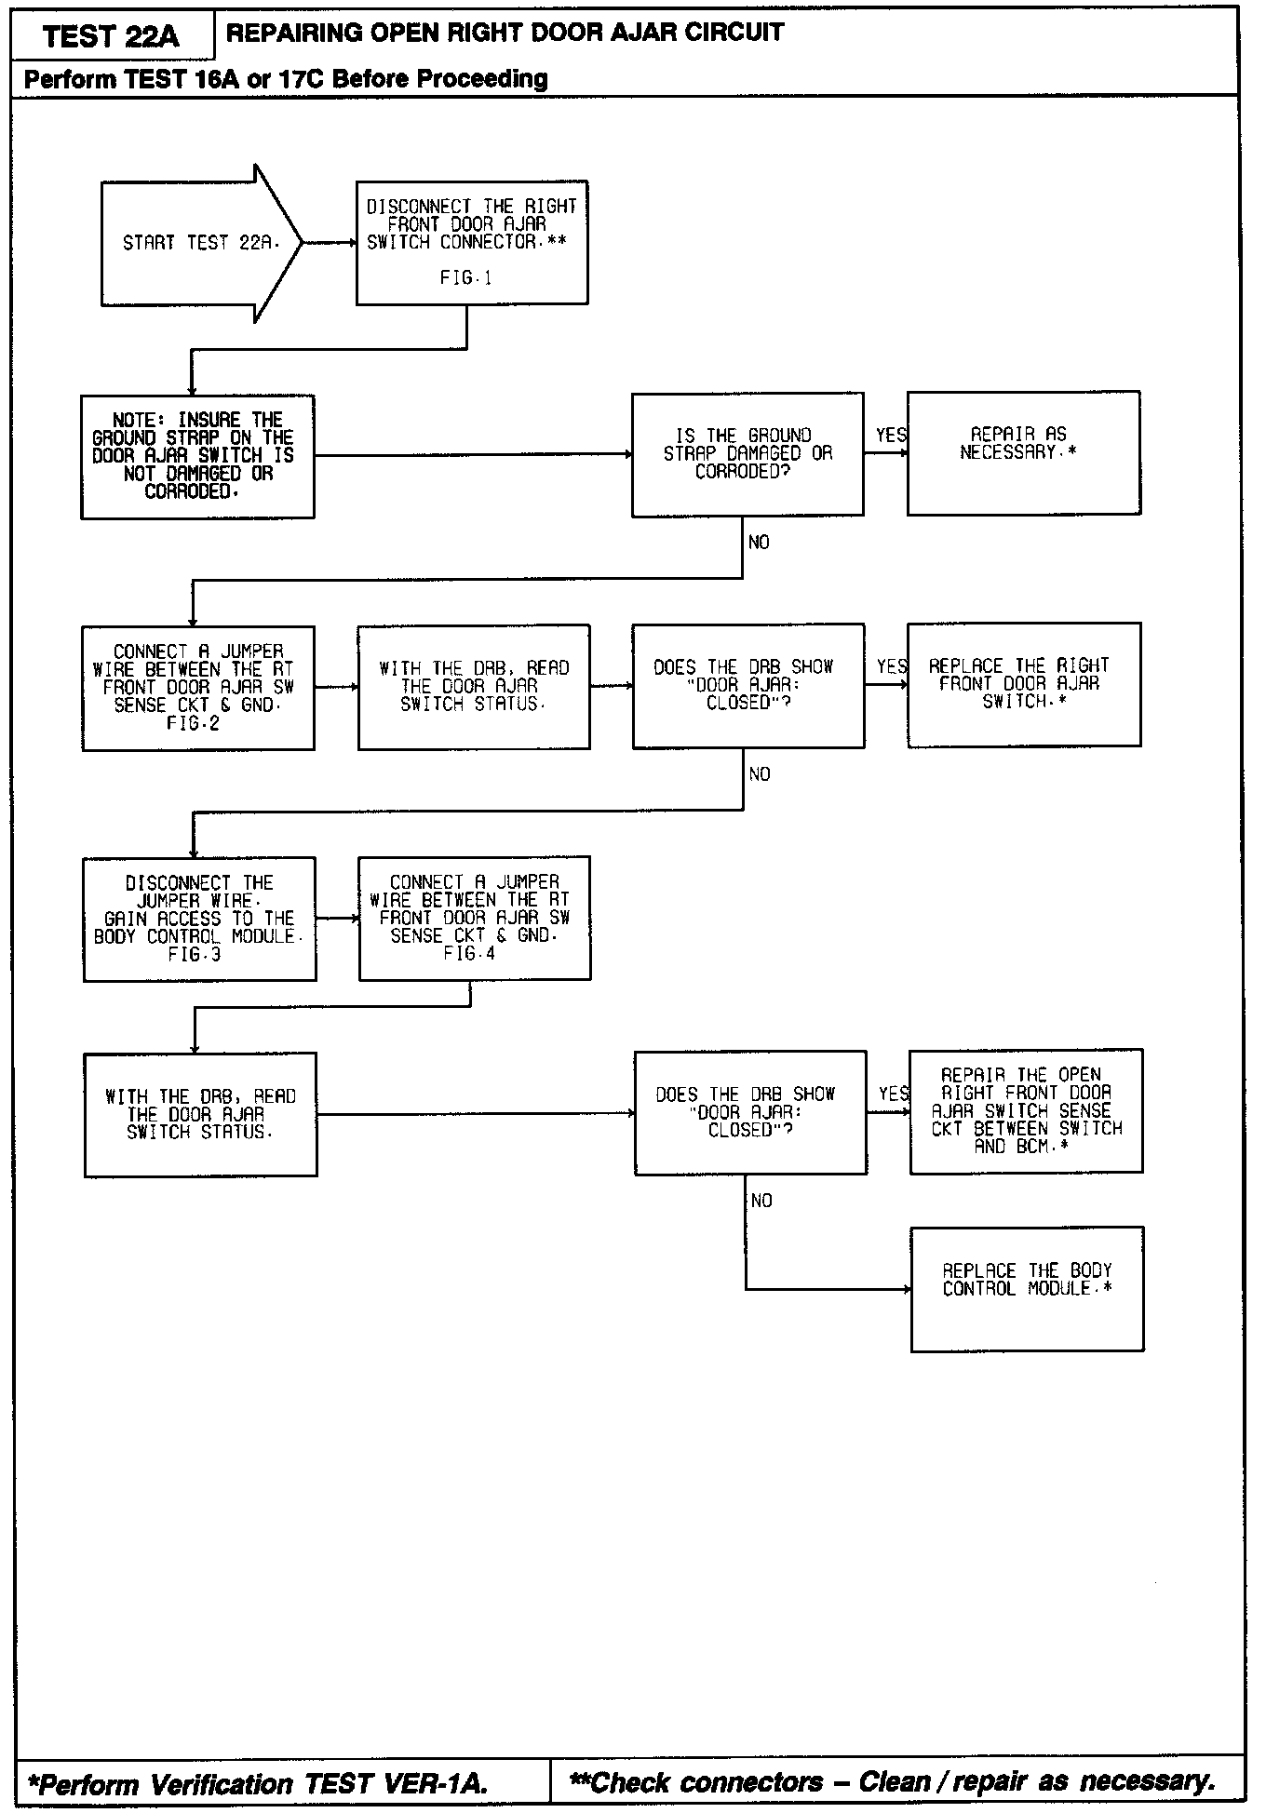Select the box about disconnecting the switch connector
(x=472, y=243)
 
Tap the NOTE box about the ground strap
(x=197, y=457)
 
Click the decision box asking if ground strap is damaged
(x=747, y=454)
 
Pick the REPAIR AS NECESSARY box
(x=1023, y=453)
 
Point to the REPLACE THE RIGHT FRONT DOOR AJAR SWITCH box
(x=1024, y=685)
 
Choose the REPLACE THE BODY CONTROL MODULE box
(x=1027, y=1289)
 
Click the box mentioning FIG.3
(x=199, y=920)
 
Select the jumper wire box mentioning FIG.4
(x=475, y=919)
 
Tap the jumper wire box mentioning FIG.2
(x=198, y=688)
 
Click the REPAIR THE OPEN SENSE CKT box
(x=1026, y=1111)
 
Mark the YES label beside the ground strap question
(x=891, y=436)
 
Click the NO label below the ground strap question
(x=759, y=543)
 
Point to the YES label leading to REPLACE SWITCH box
(x=892, y=666)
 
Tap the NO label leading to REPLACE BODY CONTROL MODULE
(x=761, y=1202)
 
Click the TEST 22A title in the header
(x=111, y=36)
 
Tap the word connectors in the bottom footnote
(x=751, y=1782)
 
